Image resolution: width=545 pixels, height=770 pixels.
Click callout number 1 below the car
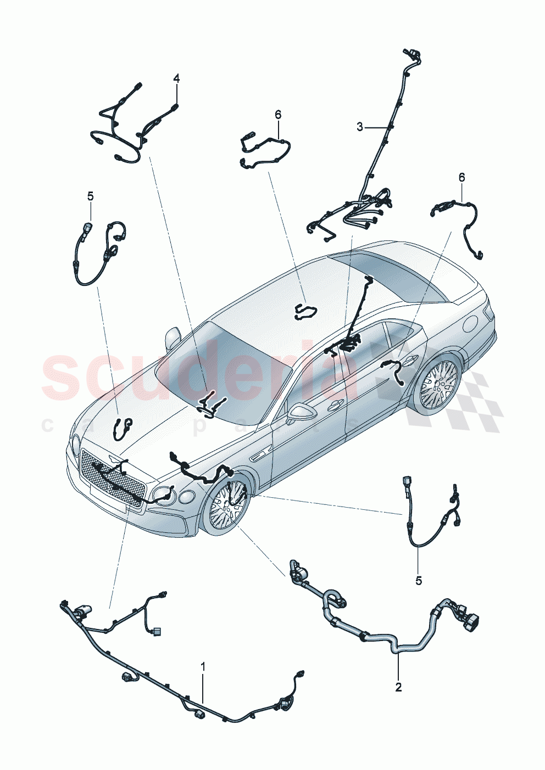point(203,667)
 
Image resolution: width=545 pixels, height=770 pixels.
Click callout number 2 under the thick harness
point(398,687)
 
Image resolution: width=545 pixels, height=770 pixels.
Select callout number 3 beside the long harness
point(360,127)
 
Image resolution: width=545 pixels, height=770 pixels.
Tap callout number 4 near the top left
point(176,78)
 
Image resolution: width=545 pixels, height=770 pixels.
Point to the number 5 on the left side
point(91,196)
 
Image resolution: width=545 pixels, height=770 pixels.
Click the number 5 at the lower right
point(419,581)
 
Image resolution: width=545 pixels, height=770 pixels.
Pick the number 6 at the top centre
point(278,114)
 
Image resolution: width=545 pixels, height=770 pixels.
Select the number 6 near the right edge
point(461,177)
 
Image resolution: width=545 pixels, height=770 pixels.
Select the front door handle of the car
point(332,407)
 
